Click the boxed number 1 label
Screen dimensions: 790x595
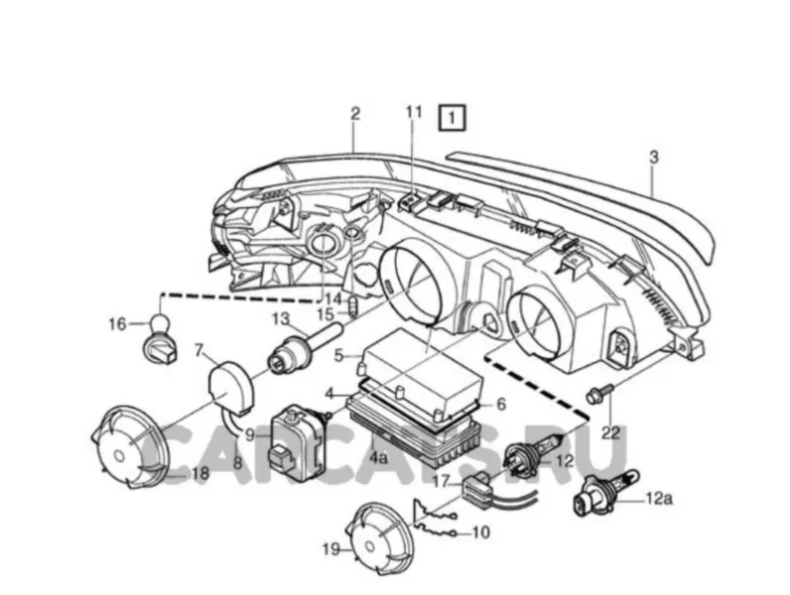point(452,119)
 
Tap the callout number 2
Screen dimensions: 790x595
point(355,114)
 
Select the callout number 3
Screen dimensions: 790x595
point(653,158)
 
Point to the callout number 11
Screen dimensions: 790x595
point(414,112)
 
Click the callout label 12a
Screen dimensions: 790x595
point(660,499)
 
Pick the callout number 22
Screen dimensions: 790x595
point(610,433)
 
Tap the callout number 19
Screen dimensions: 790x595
point(331,549)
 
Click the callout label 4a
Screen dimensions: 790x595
point(378,458)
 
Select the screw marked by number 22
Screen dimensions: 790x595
point(599,393)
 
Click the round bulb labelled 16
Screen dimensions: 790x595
point(159,338)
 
